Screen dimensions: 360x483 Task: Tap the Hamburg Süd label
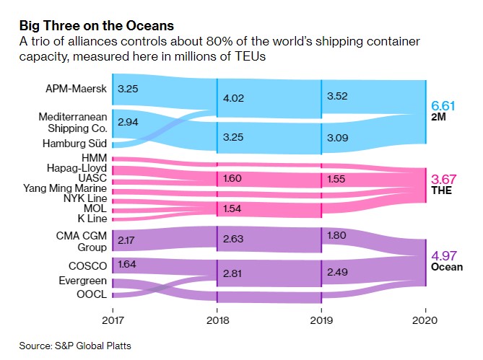[77, 143]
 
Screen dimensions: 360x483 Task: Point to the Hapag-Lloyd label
[78, 167]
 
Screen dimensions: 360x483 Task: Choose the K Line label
[92, 217]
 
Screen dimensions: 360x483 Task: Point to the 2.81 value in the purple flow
[232, 273]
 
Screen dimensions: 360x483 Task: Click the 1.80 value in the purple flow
[336, 234]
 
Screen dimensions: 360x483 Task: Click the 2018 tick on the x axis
[217, 318]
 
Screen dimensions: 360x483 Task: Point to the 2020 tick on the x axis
[426, 318]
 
